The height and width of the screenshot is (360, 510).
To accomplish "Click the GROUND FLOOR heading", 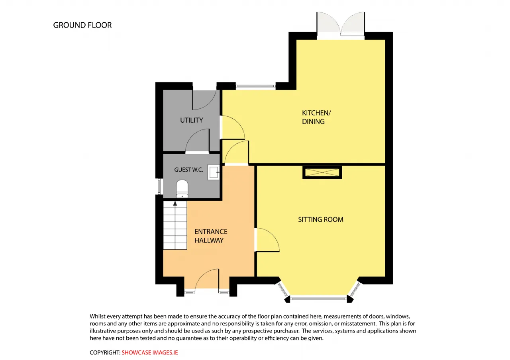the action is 82,25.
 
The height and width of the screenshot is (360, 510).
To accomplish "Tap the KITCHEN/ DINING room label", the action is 316,117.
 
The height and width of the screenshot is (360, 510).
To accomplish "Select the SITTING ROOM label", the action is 321,219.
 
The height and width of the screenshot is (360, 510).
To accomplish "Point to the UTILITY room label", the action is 192,120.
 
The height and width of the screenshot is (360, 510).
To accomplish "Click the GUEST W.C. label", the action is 188,170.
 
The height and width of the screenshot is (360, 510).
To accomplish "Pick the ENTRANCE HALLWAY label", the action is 211,236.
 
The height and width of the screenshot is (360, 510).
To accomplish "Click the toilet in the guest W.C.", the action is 182,189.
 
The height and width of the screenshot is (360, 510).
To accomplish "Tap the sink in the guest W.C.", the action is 214,172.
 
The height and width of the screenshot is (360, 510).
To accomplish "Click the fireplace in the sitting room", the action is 322,172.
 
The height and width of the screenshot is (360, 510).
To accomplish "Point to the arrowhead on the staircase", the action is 175,203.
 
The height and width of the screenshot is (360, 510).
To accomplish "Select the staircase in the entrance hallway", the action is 175,225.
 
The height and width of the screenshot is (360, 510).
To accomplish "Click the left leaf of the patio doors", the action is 329,24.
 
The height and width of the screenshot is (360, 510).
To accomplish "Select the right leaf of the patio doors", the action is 353,24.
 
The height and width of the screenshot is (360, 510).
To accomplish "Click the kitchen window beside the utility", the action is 255,86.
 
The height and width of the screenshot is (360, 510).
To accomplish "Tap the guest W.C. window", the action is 159,186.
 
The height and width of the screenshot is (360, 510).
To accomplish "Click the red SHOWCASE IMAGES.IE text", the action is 149,352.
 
